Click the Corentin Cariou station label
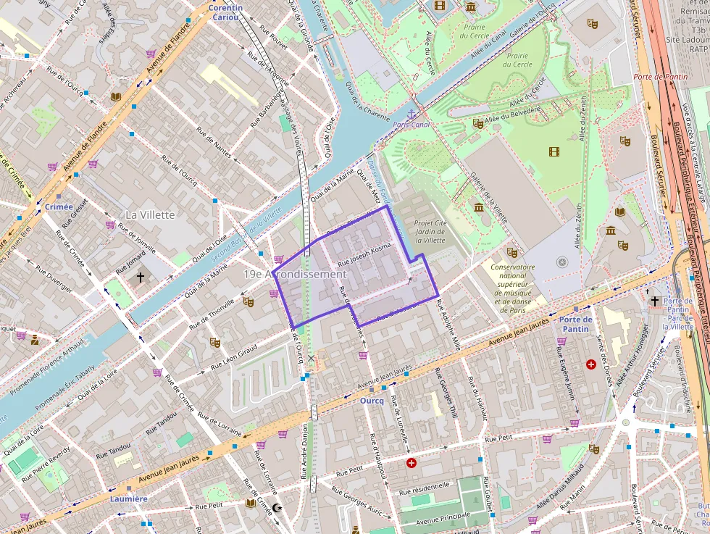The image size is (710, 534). click(x=225, y=12)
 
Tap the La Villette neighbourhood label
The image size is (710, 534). click(x=150, y=214)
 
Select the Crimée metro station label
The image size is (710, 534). click(x=59, y=206)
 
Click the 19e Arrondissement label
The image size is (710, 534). click(x=295, y=275)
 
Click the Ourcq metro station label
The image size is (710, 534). click(x=371, y=400)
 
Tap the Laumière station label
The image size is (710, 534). click(x=129, y=498)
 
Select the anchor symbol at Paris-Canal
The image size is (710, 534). click(x=411, y=114)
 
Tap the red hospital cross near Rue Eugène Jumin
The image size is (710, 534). click(x=591, y=364)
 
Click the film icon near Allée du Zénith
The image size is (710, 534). click(x=554, y=151)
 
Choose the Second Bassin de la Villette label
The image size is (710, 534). click(x=246, y=235)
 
